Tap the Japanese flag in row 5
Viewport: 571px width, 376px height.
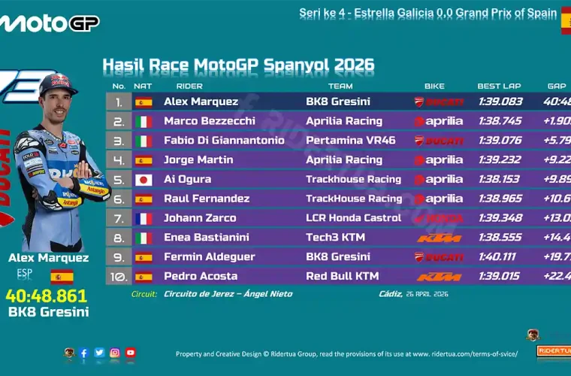click(x=143, y=180)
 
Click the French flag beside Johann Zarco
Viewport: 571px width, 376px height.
click(x=143, y=218)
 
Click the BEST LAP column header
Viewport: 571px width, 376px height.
click(x=499, y=86)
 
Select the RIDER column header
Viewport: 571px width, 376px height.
click(x=189, y=86)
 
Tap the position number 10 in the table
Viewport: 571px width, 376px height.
click(x=118, y=277)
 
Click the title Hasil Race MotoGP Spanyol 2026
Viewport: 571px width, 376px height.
click(x=237, y=65)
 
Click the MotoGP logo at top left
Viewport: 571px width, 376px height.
click(x=49, y=23)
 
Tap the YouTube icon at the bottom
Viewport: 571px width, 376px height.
click(x=131, y=353)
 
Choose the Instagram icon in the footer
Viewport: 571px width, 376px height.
click(x=115, y=353)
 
